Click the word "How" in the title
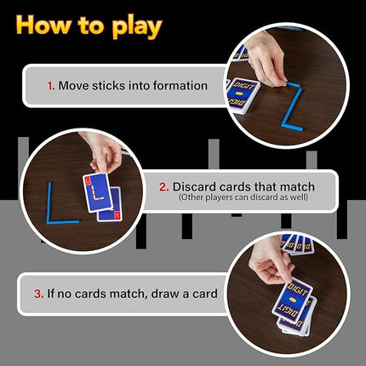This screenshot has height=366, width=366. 41,25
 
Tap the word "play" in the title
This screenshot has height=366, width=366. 134,26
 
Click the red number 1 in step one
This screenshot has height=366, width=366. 50,85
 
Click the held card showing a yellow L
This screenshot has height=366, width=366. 100,193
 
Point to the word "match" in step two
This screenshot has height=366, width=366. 295,186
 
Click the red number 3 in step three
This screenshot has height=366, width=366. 38,294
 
